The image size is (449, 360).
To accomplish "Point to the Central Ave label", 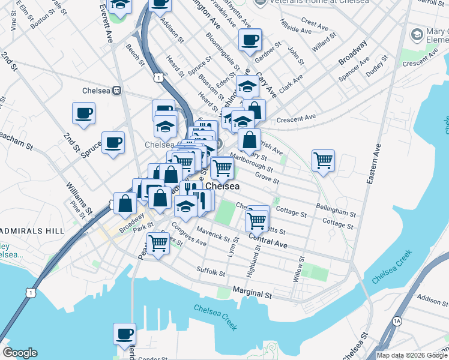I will point(268,241).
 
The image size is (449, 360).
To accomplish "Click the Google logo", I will point(20,353).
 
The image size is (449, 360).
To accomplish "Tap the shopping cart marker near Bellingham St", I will point(323,160).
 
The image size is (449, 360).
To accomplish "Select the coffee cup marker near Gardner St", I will point(250,40).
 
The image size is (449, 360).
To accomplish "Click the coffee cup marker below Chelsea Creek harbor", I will point(124,334).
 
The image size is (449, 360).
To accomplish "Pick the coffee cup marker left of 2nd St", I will point(83,112).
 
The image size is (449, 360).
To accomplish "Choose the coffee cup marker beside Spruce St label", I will point(113,142).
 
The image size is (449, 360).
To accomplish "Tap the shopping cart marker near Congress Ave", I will point(158,244).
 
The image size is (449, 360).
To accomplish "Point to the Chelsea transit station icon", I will point(117,91).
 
